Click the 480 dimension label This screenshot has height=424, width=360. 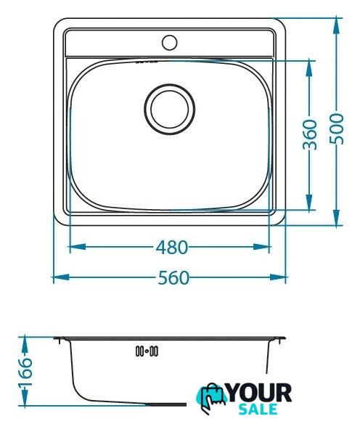172,247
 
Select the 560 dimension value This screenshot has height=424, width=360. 173,277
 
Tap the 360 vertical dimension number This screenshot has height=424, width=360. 309,134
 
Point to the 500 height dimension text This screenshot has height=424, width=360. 337,129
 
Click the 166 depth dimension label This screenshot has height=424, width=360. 25,372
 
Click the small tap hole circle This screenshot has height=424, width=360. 169,42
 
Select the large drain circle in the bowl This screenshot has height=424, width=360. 169,109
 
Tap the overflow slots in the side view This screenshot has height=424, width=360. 147,351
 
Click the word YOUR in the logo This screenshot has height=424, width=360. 259,393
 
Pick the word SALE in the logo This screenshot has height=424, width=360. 258,409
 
